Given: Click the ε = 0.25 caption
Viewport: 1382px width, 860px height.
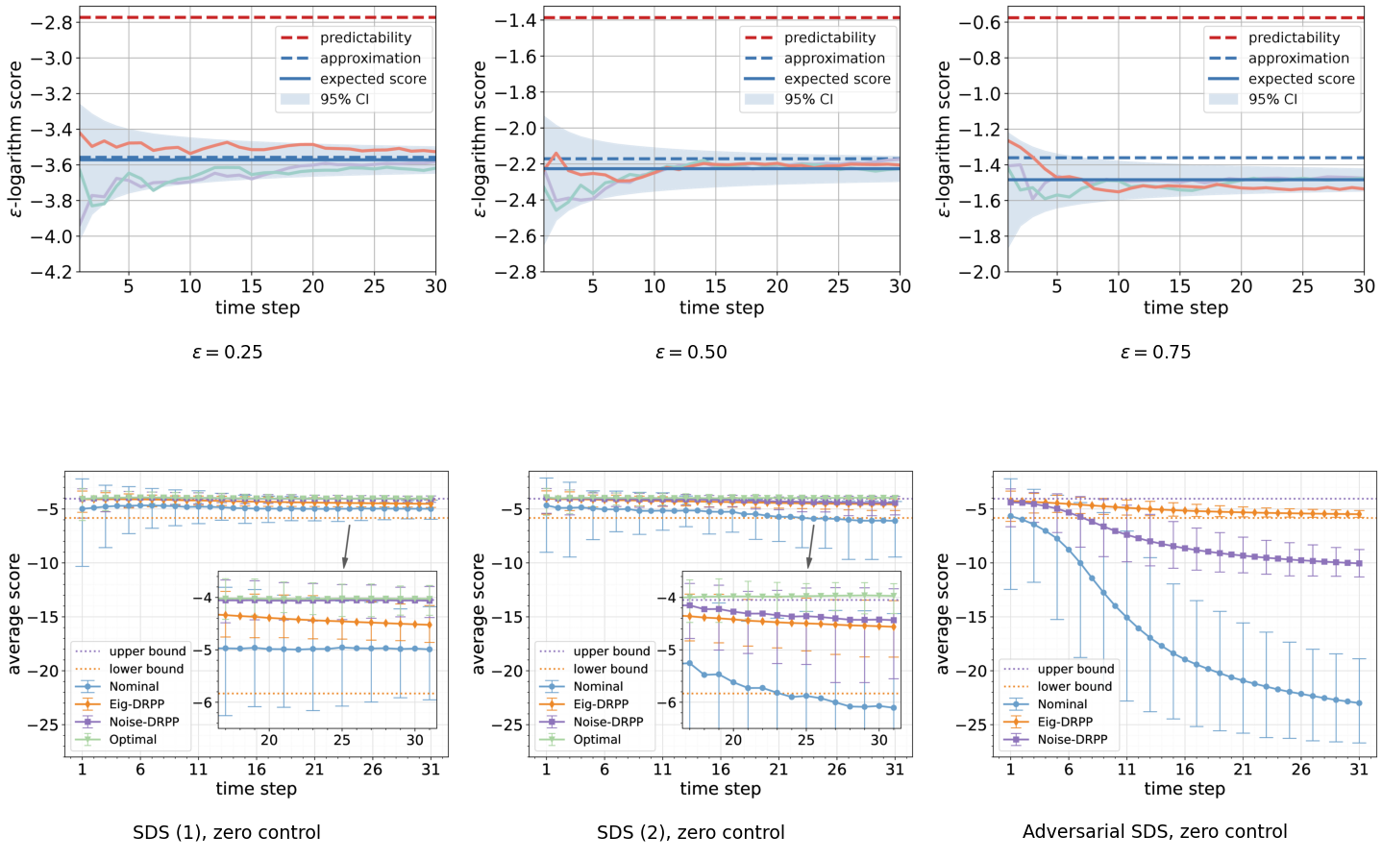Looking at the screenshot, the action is tap(227, 353).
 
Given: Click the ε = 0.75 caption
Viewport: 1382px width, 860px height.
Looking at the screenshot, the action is tap(1155, 353).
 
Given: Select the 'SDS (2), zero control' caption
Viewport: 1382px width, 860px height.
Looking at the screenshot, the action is tap(690, 832).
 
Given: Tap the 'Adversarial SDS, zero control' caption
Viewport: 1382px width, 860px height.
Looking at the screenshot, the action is tap(1155, 832).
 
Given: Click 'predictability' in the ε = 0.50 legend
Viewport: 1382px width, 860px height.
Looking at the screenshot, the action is tap(829, 37).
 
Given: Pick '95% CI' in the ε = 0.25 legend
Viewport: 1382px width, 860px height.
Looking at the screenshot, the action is tap(344, 99).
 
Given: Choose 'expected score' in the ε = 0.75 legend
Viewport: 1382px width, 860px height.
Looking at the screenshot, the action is tap(1302, 79).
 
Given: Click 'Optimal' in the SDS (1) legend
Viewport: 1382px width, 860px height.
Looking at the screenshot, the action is tap(133, 739).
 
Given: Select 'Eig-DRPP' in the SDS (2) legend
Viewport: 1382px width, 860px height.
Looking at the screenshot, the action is tap(601, 704).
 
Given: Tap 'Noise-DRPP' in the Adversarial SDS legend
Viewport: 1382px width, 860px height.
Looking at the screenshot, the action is tap(1073, 739).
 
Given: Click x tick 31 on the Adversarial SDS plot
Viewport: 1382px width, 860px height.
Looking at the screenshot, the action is tap(1359, 770).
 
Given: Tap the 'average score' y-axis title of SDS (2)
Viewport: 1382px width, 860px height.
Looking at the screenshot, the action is tap(480, 614).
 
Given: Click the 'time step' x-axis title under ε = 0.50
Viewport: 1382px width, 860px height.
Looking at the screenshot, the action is tap(721, 307).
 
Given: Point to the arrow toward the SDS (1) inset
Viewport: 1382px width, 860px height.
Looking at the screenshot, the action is tap(347, 546).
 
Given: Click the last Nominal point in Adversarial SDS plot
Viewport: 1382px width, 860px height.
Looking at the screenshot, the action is tap(1359, 702).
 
